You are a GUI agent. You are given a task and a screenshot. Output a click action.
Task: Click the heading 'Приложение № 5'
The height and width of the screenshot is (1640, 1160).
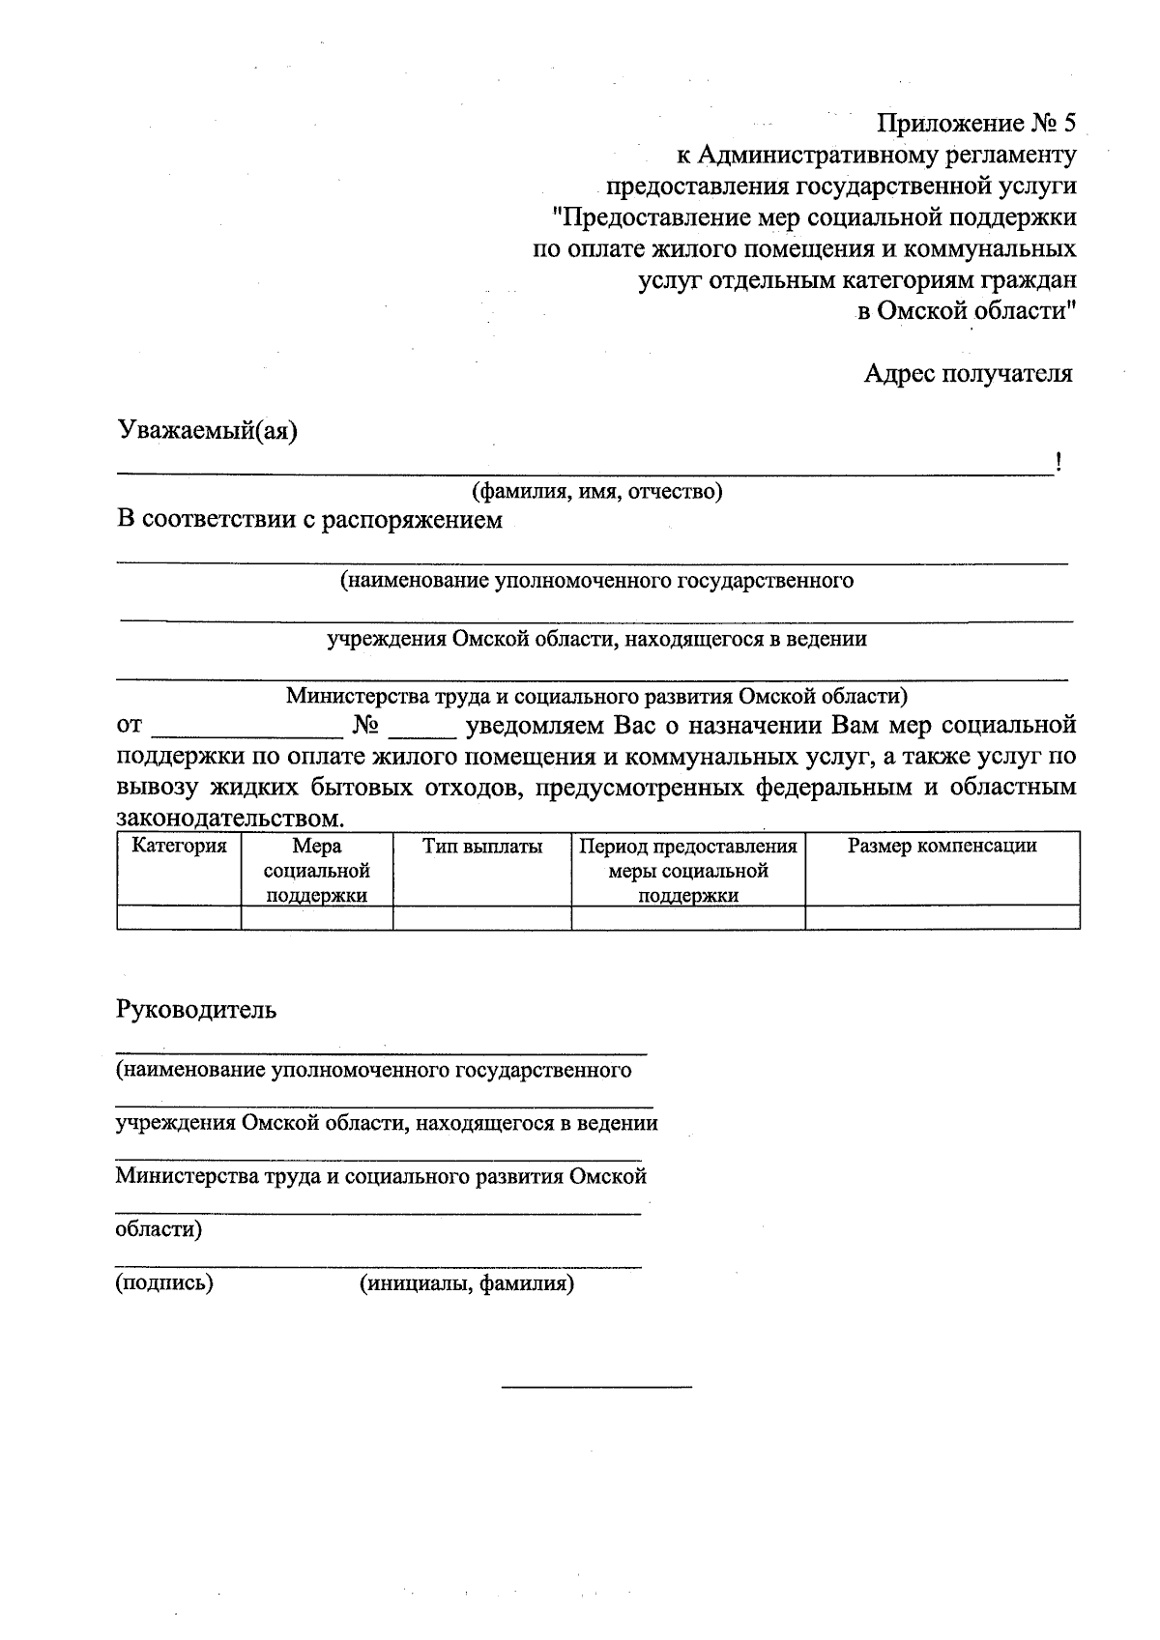coord(975,124)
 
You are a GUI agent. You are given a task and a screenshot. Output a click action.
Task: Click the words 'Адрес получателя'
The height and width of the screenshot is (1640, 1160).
coord(968,373)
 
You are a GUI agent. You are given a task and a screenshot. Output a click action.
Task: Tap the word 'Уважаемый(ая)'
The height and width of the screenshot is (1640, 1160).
coord(207,430)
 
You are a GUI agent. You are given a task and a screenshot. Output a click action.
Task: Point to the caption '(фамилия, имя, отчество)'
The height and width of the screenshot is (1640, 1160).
coord(596,492)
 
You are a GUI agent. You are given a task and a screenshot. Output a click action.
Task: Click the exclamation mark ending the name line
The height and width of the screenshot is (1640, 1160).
coord(1059,463)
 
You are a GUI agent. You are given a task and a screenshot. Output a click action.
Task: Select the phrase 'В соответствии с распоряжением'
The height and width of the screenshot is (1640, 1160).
coord(309,521)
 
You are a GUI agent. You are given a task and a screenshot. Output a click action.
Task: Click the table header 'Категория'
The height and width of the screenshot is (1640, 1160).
coord(179,847)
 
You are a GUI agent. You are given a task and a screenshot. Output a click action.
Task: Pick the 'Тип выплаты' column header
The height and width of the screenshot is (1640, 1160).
coord(482,847)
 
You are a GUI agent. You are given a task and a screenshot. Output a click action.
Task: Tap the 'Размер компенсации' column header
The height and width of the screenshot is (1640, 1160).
coord(942,847)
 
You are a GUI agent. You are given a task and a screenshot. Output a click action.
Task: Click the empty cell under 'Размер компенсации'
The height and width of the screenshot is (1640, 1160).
coord(942,917)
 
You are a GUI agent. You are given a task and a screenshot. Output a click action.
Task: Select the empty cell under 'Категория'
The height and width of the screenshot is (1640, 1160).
coord(179,917)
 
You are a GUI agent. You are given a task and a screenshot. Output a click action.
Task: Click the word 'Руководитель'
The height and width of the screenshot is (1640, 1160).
coord(196,1010)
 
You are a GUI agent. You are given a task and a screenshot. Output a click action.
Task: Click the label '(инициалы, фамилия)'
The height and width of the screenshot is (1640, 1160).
coord(467,1283)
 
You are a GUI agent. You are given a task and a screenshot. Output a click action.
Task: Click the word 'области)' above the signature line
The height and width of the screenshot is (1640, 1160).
coord(159,1230)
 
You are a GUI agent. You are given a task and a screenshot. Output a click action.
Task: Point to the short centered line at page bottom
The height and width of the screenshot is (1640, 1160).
coord(596,1389)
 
